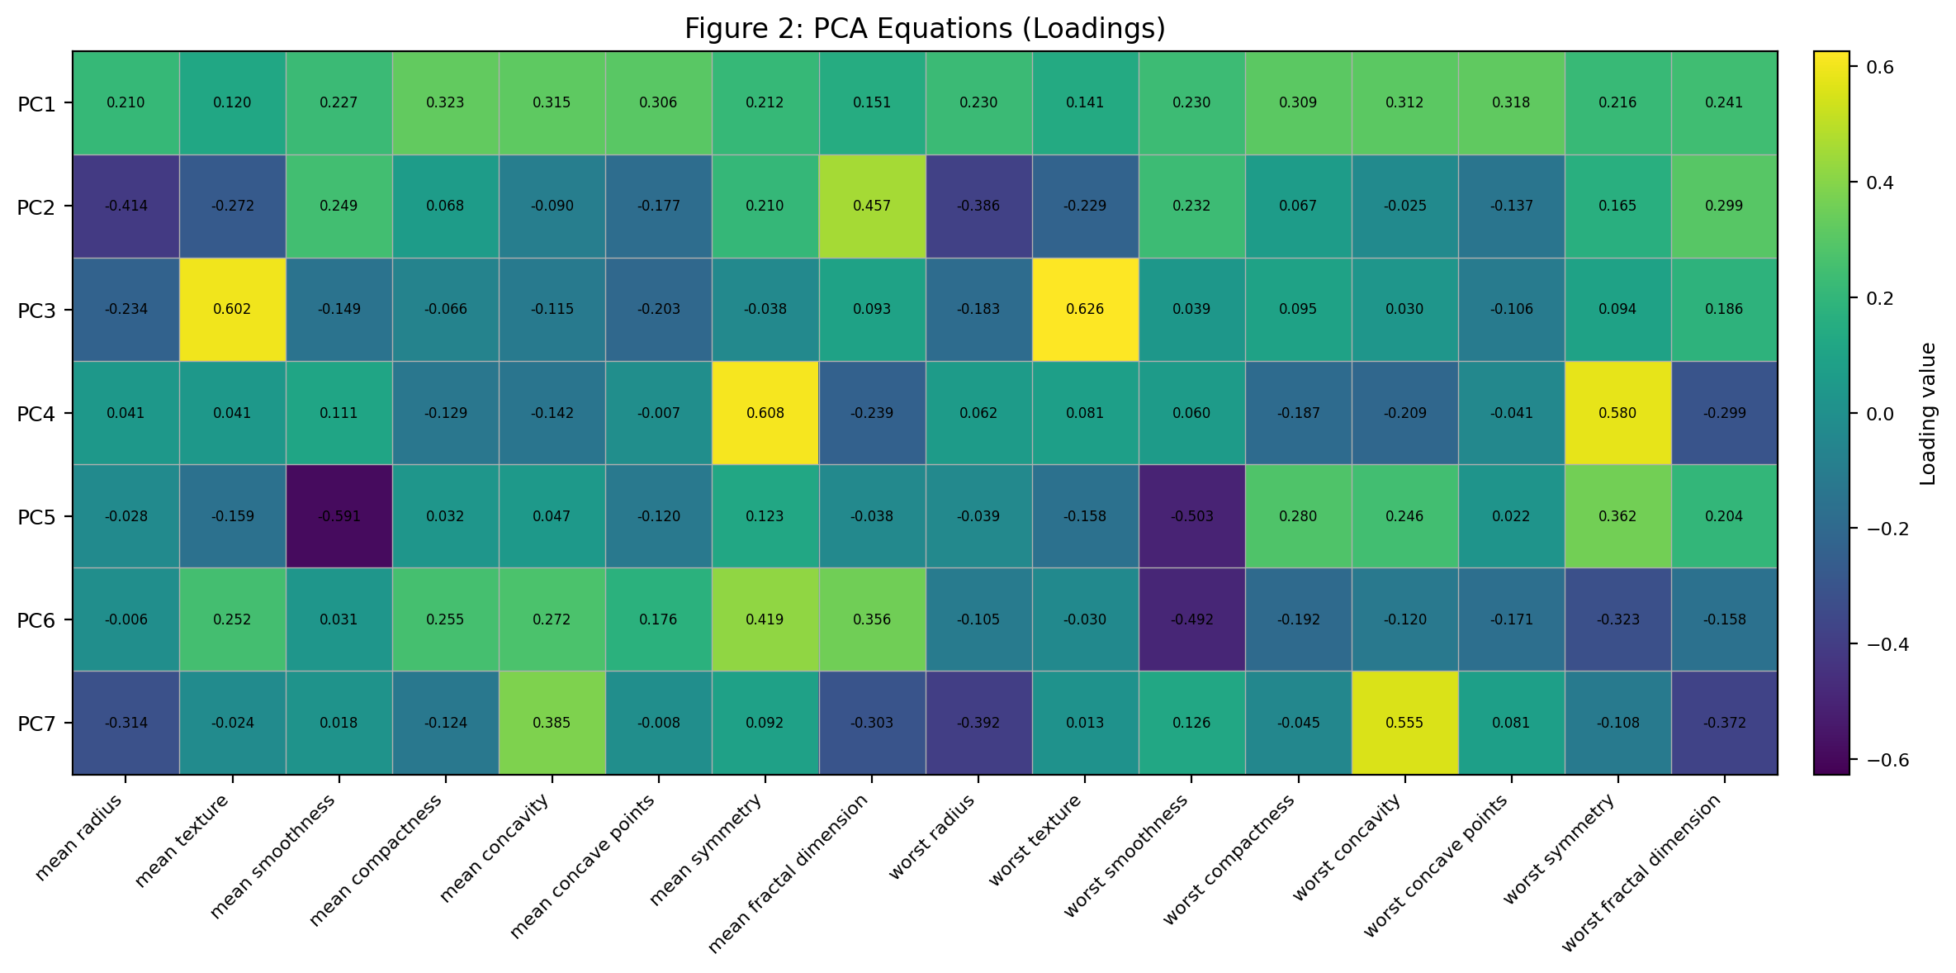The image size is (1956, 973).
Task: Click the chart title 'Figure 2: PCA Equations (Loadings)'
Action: pos(925,29)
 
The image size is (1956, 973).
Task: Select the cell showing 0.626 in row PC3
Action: pos(1085,310)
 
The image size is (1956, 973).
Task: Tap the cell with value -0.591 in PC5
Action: pos(339,516)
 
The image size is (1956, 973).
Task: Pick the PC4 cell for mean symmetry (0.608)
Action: pos(765,413)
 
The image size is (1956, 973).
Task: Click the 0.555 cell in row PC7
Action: pos(1404,723)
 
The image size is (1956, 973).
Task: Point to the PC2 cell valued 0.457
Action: pos(872,206)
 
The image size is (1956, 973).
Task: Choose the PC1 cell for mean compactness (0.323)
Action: pos(446,103)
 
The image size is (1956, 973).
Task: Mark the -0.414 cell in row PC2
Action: pos(126,206)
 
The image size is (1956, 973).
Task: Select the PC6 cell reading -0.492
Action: pos(1191,619)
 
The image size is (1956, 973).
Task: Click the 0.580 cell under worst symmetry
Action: pos(1617,413)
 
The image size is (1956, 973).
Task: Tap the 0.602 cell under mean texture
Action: pos(232,310)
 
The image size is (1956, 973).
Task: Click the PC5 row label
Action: pos(36,517)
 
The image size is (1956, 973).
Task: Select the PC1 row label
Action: pos(36,104)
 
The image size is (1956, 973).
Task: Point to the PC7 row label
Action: pos(36,724)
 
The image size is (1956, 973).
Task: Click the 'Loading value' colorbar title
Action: pos(1928,413)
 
